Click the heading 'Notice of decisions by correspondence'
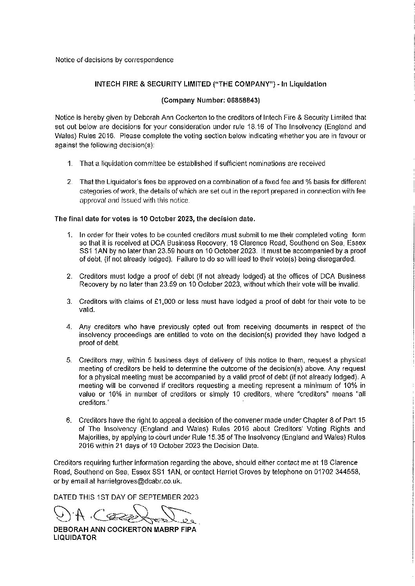pyautogui.click(x=114, y=60)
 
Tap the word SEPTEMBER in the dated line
pyautogui.click(x=155, y=497)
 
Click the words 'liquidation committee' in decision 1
pyautogui.click(x=129, y=164)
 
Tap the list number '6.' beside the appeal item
pyautogui.click(x=69, y=420)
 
